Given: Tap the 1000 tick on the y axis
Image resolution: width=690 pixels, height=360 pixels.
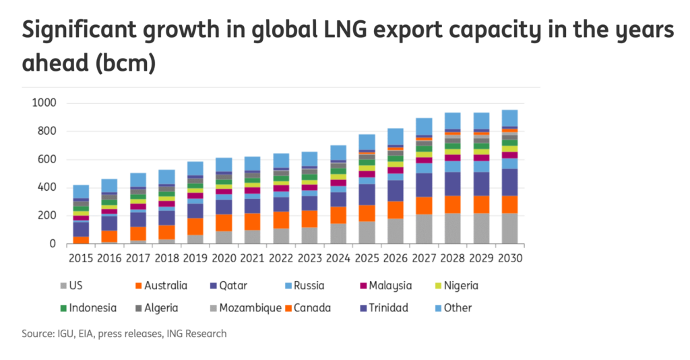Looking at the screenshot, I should (x=42, y=103).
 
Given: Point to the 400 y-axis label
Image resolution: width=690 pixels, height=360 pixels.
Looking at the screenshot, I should (x=45, y=187).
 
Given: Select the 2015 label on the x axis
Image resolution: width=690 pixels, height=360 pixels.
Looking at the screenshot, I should (x=81, y=258).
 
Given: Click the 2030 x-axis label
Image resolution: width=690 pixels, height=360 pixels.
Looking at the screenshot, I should (x=509, y=258).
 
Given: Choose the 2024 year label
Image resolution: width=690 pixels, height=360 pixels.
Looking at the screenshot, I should (x=338, y=258).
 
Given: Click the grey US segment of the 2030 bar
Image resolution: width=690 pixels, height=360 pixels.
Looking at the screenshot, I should (x=509, y=229).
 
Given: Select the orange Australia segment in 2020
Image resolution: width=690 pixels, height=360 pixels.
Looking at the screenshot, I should (x=224, y=222).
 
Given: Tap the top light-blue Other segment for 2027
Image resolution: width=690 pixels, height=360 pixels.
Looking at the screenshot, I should (x=424, y=127).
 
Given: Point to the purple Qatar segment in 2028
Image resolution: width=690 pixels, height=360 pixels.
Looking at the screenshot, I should (x=452, y=183).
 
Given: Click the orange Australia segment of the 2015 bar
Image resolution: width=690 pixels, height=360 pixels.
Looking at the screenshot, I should (x=81, y=240).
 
